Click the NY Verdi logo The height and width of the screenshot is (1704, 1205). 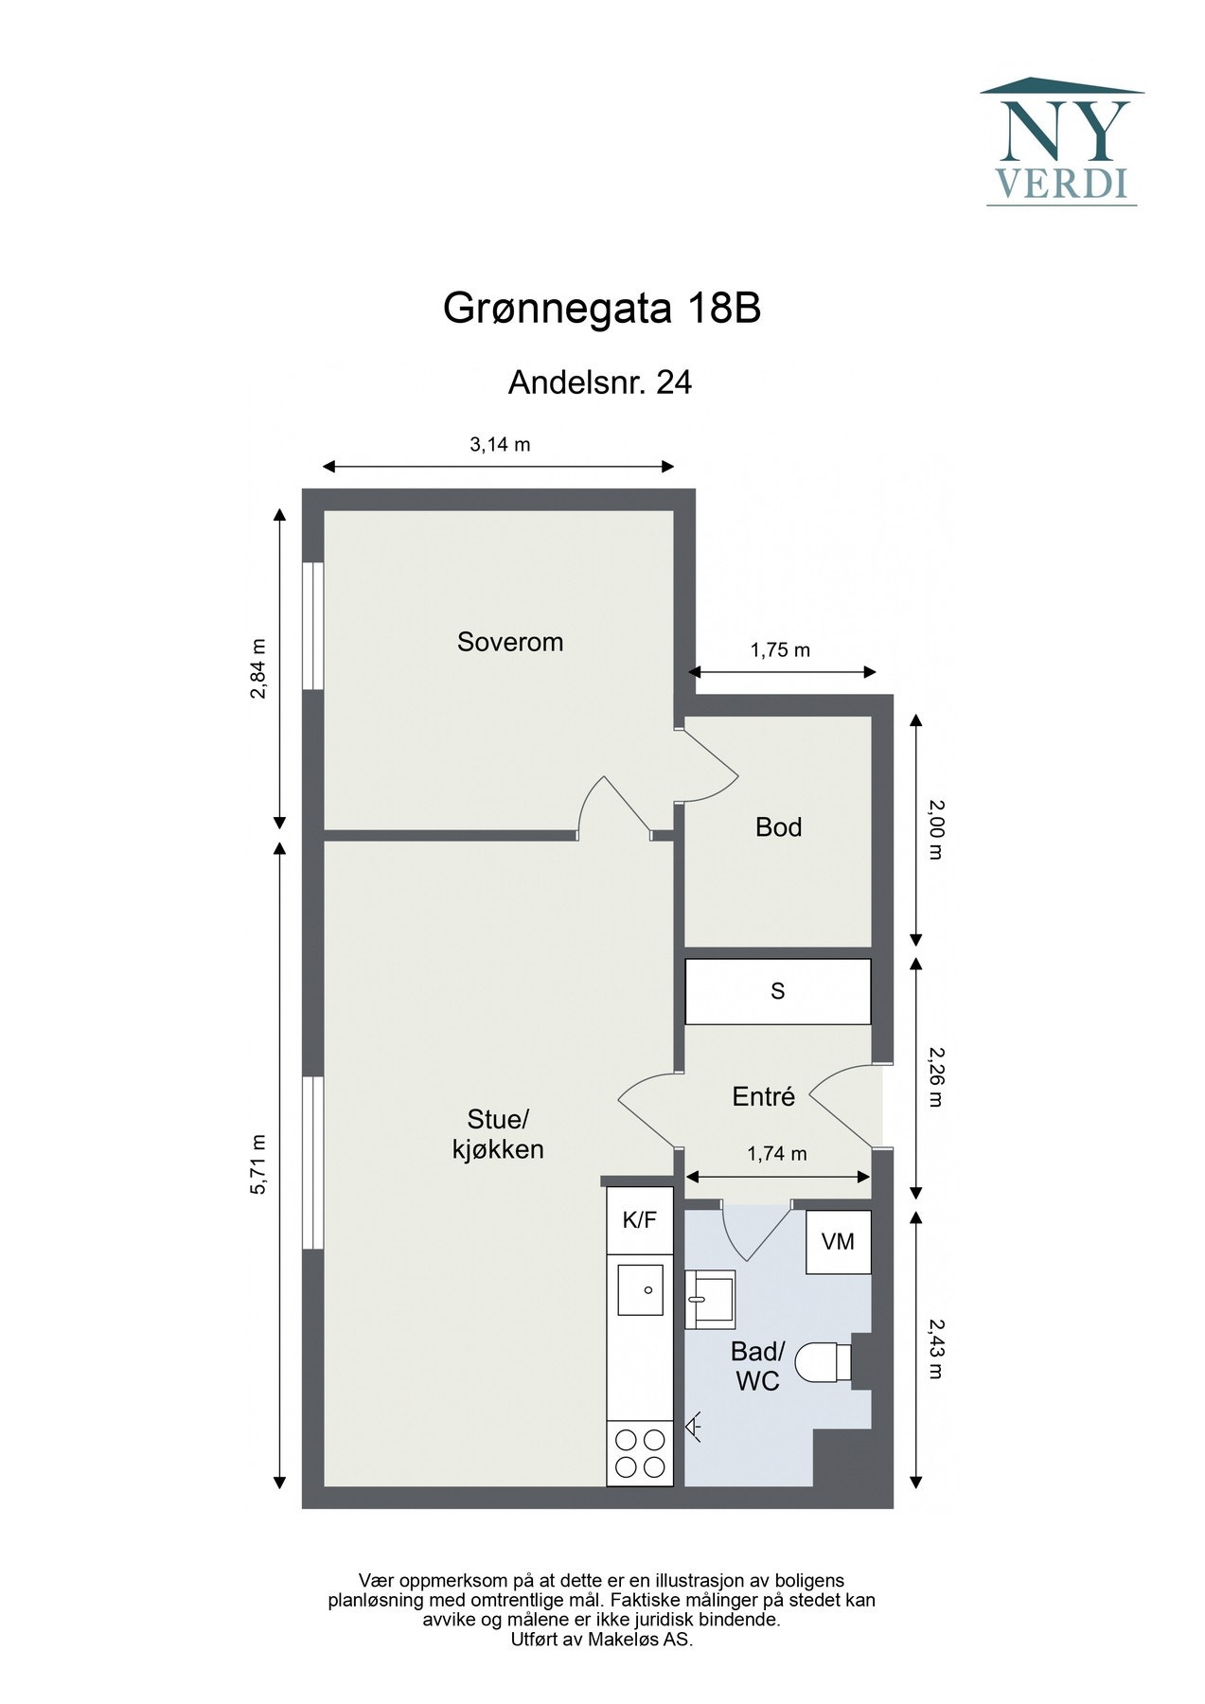(1061, 142)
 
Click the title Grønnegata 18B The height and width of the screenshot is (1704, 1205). (602, 309)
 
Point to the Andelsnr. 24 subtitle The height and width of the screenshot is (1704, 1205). (600, 382)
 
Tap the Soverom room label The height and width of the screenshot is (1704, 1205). (510, 642)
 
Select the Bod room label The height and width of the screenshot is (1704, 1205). (778, 827)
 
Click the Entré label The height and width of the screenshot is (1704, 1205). (763, 1096)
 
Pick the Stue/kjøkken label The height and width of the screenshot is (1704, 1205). (498, 1134)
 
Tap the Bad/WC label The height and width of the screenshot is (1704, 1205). (758, 1366)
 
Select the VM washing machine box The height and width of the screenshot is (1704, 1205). (838, 1241)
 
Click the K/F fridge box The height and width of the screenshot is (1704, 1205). (639, 1220)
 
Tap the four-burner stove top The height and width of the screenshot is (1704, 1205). (640, 1454)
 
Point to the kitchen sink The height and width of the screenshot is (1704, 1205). (640, 1289)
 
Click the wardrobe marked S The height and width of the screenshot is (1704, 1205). (777, 991)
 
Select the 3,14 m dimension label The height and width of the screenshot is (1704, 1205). (500, 444)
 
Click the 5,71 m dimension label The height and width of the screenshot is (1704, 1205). (257, 1164)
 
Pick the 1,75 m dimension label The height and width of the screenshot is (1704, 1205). (780, 650)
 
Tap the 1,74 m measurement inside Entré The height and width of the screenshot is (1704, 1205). (777, 1154)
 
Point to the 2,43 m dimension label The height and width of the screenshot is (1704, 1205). (935, 1349)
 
